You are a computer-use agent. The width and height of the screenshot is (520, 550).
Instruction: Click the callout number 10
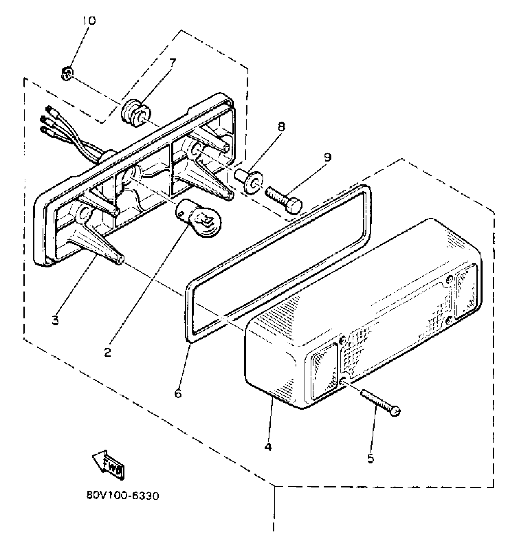(89, 20)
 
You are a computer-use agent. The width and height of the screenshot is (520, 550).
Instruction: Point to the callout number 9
(327, 157)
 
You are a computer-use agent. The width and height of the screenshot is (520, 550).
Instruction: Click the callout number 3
(55, 321)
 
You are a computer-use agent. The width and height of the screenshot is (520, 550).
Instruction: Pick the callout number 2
(107, 353)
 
